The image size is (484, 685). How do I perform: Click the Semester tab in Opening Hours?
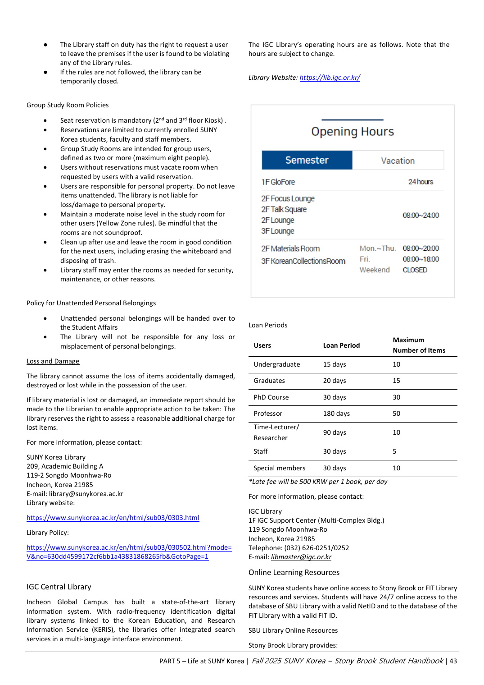pyautogui.click(x=307, y=160)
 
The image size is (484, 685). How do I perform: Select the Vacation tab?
pyautogui.click(x=398, y=161)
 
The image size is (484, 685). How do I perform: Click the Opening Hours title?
pyautogui.click(x=353, y=132)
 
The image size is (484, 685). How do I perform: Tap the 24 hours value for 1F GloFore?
pyautogui.click(x=421, y=182)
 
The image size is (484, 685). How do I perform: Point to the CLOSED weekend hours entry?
pyautogui.click(x=415, y=270)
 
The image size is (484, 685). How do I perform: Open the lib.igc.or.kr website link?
pyautogui.click(x=330, y=78)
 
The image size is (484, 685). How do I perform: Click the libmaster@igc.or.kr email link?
pyautogui.click(x=301, y=557)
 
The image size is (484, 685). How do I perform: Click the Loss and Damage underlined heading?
pyautogui.click(x=53, y=361)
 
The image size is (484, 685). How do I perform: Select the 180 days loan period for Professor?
pyautogui.click(x=336, y=414)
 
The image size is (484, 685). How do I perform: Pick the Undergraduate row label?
pyautogui.click(x=276, y=364)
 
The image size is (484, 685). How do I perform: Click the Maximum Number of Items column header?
pyautogui.click(x=419, y=345)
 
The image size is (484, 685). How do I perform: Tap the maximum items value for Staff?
pyautogui.click(x=394, y=451)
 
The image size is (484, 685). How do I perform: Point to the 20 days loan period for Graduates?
pyautogui.click(x=334, y=381)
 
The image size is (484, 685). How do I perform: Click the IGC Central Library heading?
pyautogui.click(x=59, y=587)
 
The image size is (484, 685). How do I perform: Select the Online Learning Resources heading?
pyautogui.click(x=294, y=572)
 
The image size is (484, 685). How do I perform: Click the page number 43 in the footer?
pyautogui.click(x=453, y=661)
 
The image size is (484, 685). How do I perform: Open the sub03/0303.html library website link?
pyautogui.click(x=113, y=518)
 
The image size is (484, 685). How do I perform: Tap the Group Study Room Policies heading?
pyautogui.click(x=68, y=105)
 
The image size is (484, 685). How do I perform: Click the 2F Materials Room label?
pyautogui.click(x=290, y=248)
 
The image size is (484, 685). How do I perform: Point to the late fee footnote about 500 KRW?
pyautogui.click(x=317, y=482)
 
